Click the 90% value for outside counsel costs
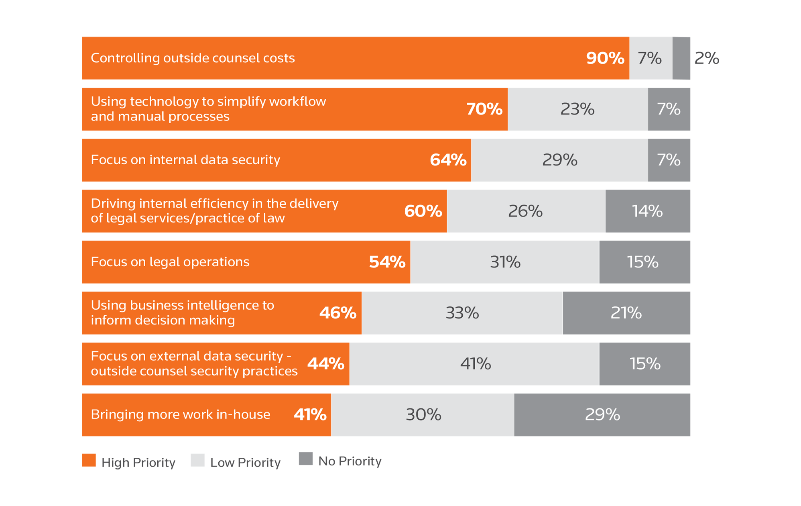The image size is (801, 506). pos(605,59)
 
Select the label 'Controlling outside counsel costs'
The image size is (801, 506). pos(193,58)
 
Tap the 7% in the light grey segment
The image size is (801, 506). pos(649,59)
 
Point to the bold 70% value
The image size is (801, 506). pos(484,109)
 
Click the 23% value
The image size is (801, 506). pos(577,109)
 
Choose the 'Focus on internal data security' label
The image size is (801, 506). pos(185,160)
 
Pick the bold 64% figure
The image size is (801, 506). pos(448,160)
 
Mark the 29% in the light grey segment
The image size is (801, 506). pos(559,160)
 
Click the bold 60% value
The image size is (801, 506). pos(423,211)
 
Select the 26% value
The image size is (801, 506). pos(525,211)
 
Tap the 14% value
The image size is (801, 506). pos(647,211)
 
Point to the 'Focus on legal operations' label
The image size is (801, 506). pos(170,262)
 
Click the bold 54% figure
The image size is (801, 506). pos(387,262)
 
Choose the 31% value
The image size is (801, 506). pos(505,262)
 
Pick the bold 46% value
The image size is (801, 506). pos(337,313)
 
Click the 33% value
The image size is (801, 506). pos(462,313)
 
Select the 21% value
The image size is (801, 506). pos(626,313)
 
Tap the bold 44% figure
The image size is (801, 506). pos(325,364)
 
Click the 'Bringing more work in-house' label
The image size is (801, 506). pos(181,414)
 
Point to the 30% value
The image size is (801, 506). pos(423,415)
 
